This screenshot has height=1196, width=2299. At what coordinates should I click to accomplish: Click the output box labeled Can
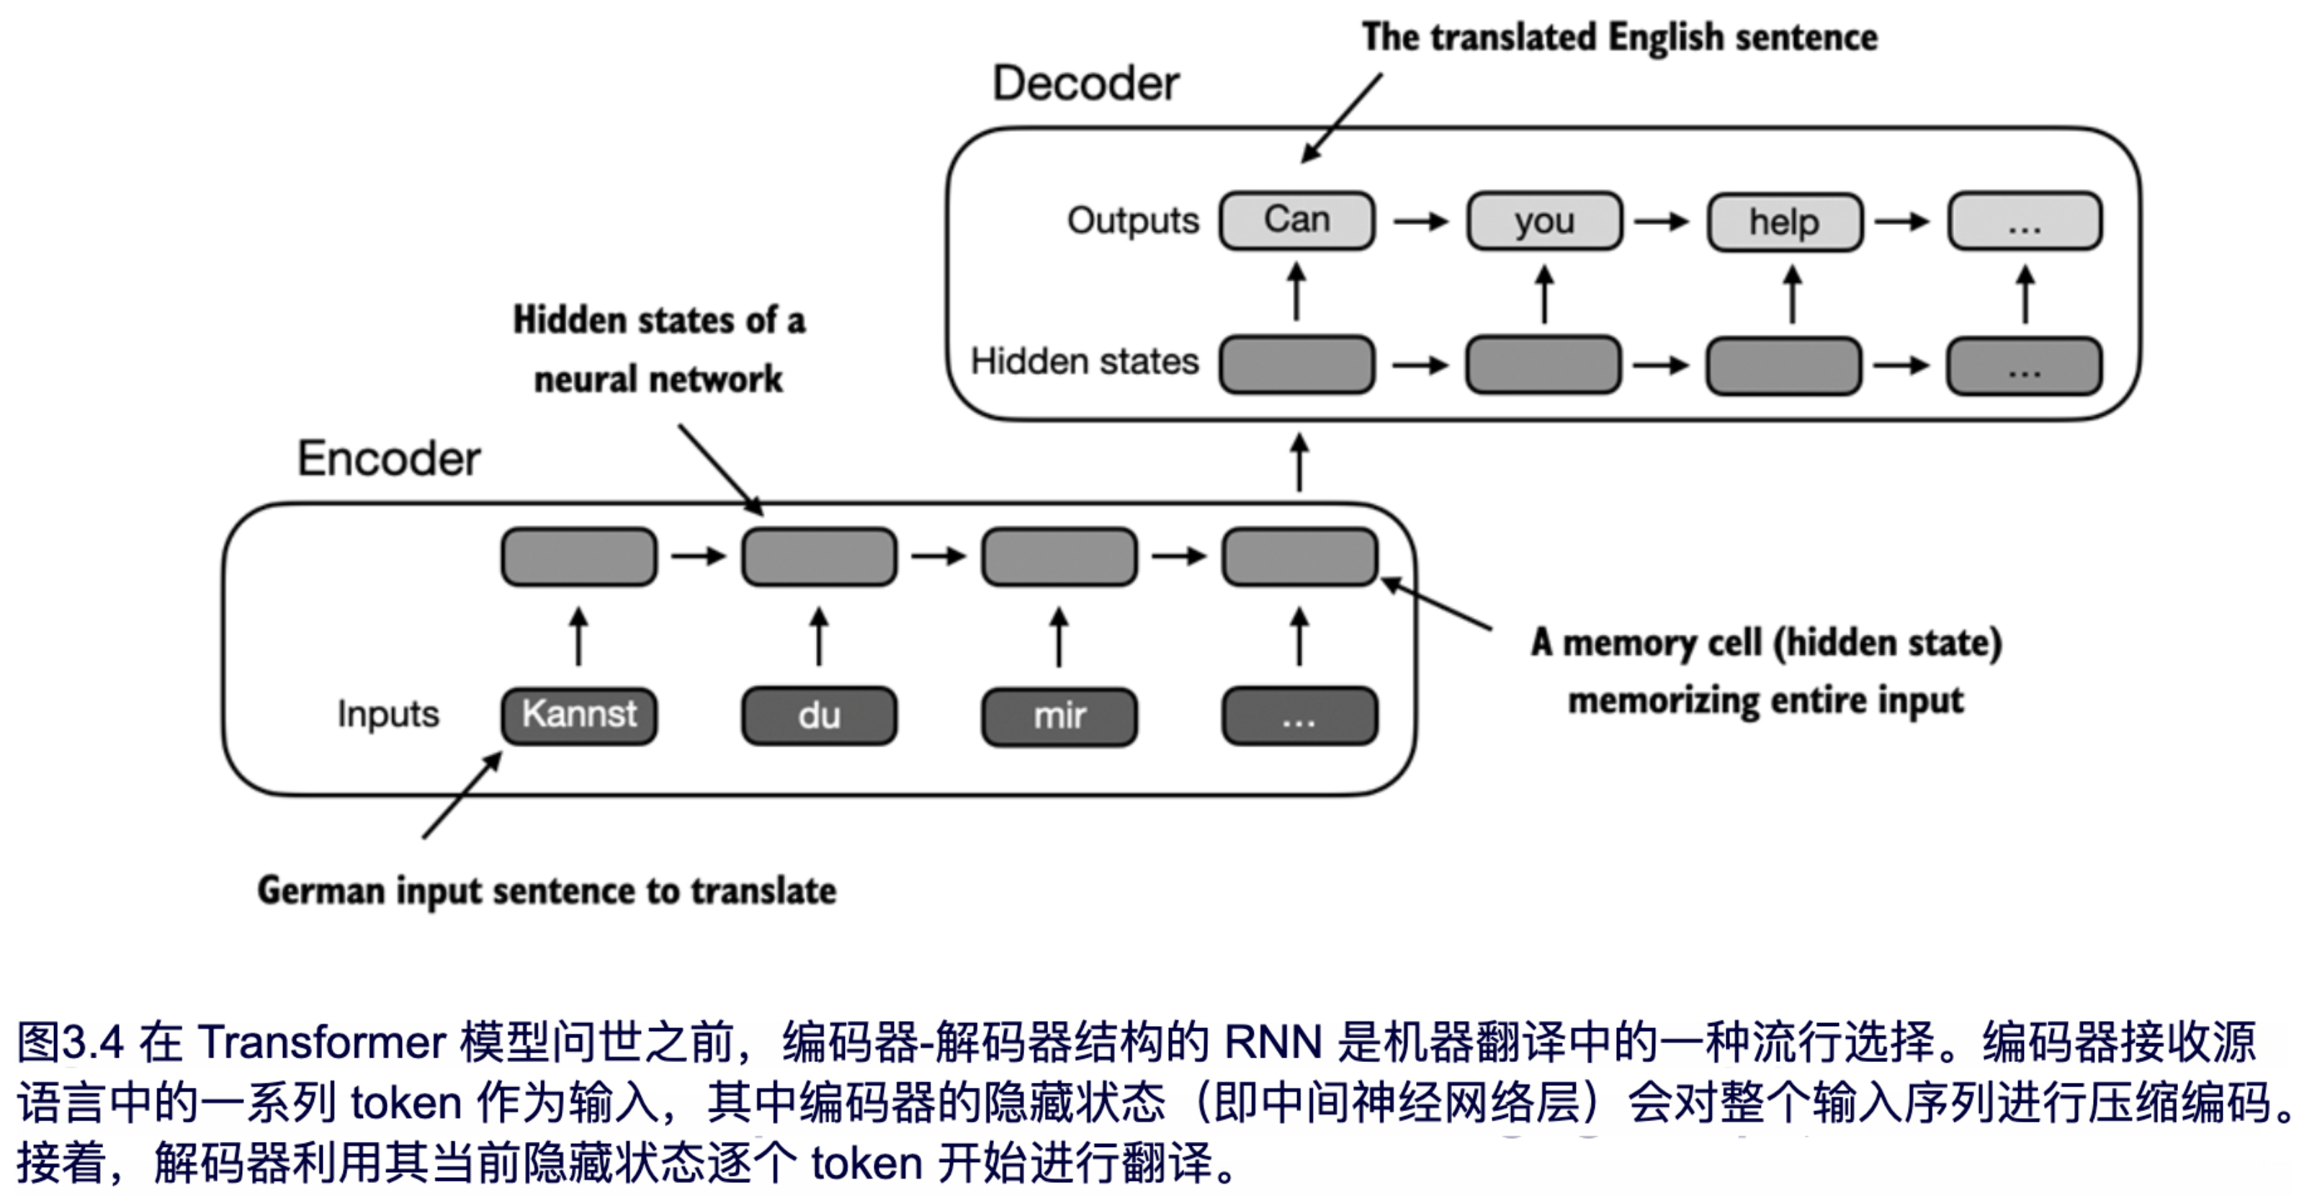point(1296,220)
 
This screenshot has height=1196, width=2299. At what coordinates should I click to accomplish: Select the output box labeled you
point(1544,220)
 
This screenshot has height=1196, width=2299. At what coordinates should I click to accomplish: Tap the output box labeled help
point(1784,222)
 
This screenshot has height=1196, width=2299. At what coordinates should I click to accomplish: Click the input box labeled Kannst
point(579,715)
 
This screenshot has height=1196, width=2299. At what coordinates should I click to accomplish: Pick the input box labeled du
point(820,715)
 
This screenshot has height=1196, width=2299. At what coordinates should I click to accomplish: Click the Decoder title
point(1085,84)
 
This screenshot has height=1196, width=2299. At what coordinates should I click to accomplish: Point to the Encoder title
point(389,459)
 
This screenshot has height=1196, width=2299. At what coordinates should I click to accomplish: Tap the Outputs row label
point(1132,220)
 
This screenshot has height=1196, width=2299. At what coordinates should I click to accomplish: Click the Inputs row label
point(388,714)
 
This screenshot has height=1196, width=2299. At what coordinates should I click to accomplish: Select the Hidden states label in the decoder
point(1085,362)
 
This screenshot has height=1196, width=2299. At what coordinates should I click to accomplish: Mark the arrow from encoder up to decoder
point(1300,461)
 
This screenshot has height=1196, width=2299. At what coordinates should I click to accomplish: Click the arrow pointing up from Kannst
point(579,636)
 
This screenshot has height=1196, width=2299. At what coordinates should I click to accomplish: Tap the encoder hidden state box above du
point(820,557)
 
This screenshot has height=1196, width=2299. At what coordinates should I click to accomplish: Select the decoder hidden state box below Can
point(1296,364)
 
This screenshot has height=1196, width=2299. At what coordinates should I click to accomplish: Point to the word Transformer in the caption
point(321,1043)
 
